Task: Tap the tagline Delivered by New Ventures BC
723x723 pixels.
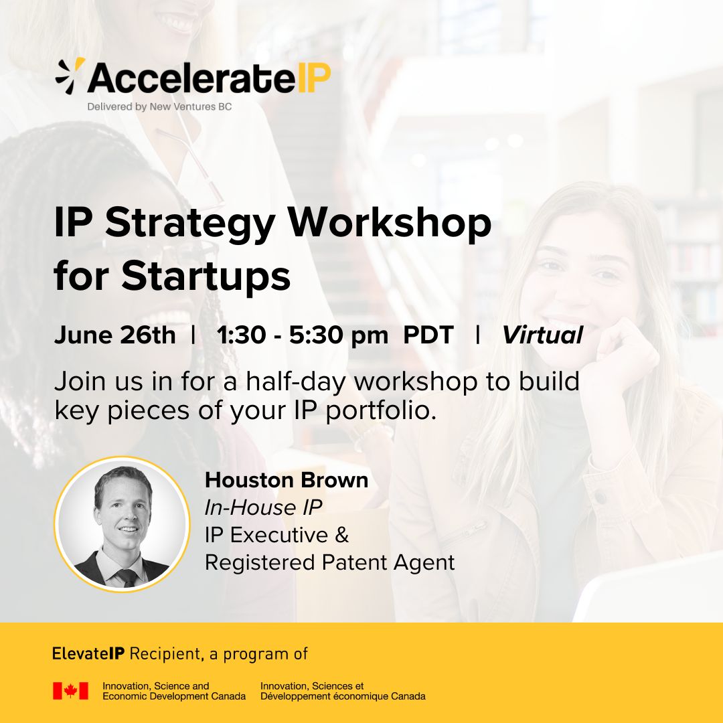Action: (x=159, y=107)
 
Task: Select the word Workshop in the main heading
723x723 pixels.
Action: (x=390, y=223)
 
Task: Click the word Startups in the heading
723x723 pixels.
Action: (x=206, y=276)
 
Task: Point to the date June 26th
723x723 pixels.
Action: (x=115, y=335)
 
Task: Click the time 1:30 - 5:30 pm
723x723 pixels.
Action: (x=303, y=335)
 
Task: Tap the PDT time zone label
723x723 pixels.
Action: (x=428, y=335)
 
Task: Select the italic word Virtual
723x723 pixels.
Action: (x=543, y=335)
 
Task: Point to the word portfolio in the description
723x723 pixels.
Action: (x=380, y=411)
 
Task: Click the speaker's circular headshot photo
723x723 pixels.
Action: (x=123, y=524)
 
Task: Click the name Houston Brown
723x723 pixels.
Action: (x=287, y=480)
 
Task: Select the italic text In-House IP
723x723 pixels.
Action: (x=263, y=507)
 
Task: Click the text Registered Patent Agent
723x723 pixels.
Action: (x=329, y=562)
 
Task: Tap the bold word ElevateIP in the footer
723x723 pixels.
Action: (x=88, y=654)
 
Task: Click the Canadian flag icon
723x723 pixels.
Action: (x=70, y=691)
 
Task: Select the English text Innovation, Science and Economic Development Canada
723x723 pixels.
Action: (x=174, y=691)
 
